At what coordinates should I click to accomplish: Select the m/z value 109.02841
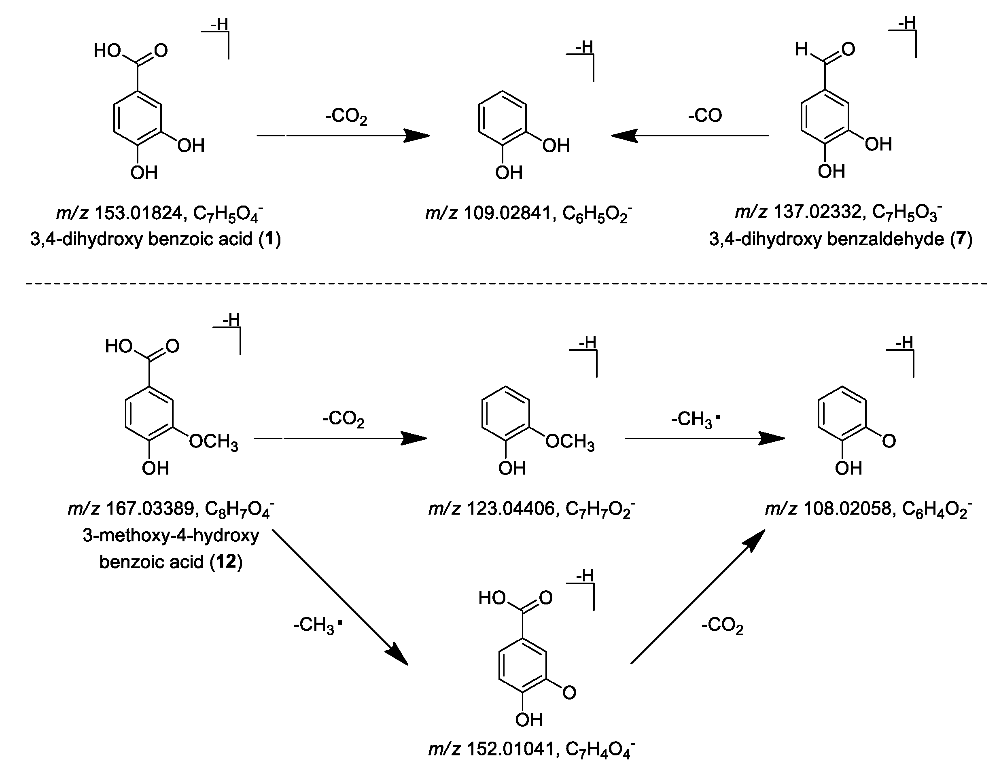[x=508, y=214]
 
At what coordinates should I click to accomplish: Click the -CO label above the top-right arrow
[x=704, y=115]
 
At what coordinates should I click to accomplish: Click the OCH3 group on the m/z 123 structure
[x=569, y=442]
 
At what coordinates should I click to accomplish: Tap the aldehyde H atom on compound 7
[x=800, y=49]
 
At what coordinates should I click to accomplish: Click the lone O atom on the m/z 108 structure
[x=888, y=441]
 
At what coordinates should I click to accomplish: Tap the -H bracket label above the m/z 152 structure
[x=585, y=575]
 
